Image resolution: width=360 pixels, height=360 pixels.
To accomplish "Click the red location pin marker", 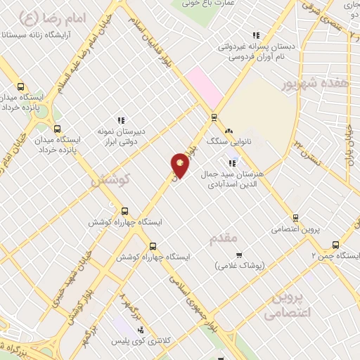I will pyautogui.click(x=180, y=165).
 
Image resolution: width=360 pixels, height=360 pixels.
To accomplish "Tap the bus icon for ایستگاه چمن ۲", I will pyautogui.click(x=335, y=245).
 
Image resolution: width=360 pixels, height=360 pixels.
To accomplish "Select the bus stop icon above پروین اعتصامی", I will pyautogui.click(x=295, y=218).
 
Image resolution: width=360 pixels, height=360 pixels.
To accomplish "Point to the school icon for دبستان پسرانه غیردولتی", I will pyautogui.click(x=256, y=35).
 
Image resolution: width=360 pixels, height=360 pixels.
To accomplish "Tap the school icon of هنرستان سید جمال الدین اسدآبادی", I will pyautogui.click(x=231, y=163).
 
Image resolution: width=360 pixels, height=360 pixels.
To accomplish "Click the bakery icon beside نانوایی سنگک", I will pyautogui.click(x=228, y=131).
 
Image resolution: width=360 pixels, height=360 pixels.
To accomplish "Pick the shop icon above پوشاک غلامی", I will pyautogui.click(x=238, y=255).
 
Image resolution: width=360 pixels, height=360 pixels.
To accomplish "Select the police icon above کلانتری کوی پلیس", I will pyautogui.click(x=141, y=330).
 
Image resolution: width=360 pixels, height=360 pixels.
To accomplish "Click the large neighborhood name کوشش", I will pyautogui.click(x=111, y=181).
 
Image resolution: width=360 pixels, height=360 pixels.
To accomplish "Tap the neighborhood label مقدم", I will pyautogui.click(x=225, y=238).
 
